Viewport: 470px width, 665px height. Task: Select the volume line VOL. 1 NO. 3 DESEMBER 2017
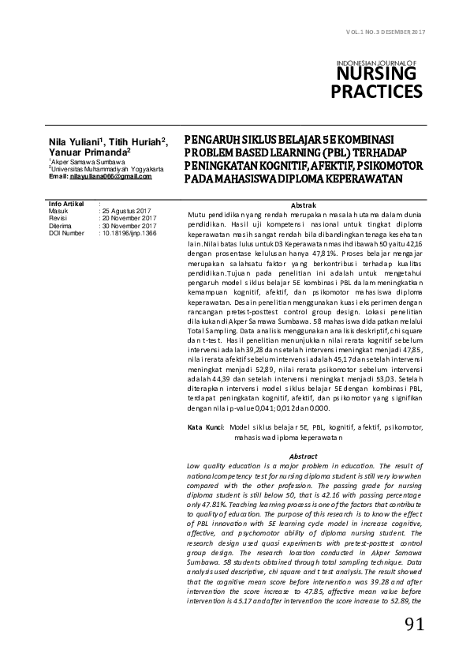click(x=386, y=31)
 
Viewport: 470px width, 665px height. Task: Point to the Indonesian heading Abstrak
click(x=304, y=205)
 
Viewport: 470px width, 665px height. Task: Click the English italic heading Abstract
click(x=304, y=456)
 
